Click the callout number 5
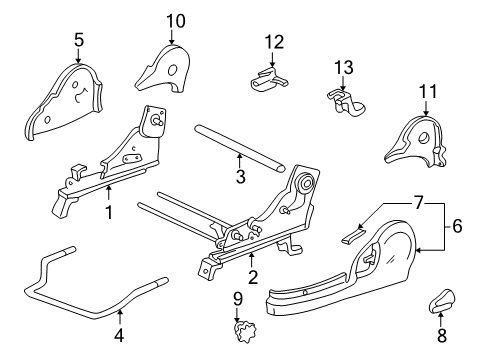79,40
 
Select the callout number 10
176,21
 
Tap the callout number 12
274,42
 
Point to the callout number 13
344,67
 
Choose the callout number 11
428,91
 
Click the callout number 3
241,176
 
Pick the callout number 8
442,335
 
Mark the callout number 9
238,299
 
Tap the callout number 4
119,335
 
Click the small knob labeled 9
245,331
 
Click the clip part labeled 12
268,79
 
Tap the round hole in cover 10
173,71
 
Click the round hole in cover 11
424,137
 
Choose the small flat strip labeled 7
353,235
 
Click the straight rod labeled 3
240,148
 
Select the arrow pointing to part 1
108,194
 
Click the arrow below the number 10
172,37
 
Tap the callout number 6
457,226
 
